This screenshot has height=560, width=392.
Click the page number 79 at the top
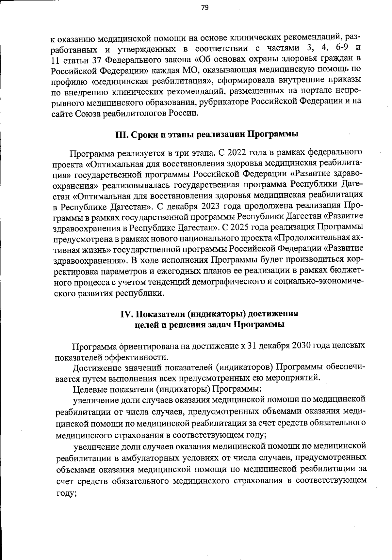point(205,8)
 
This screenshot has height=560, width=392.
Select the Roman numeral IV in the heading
point(126,314)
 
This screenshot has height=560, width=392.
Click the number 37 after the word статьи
point(93,60)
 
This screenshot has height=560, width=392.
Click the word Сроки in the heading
point(143,135)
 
